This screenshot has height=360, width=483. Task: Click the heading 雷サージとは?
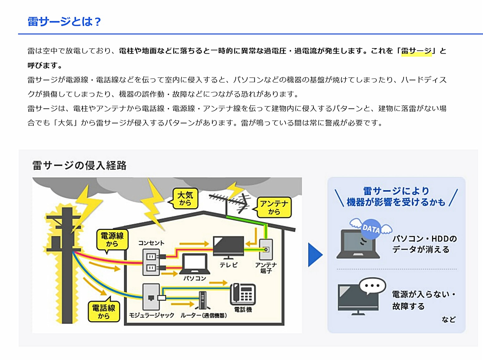pyautogui.click(x=64, y=22)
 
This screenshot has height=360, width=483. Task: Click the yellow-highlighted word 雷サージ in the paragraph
pyautogui.click(x=416, y=51)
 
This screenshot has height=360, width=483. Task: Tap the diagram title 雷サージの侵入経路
pyautogui.click(x=80, y=165)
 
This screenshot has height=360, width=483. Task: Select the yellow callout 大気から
pyautogui.click(x=185, y=199)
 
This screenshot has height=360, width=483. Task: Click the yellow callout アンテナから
pyautogui.click(x=274, y=207)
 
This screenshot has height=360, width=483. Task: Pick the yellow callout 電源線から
pyautogui.click(x=112, y=240)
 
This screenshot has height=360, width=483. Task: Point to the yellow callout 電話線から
pyautogui.click(x=104, y=311)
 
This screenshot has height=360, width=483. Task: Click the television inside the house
pyautogui.click(x=228, y=246)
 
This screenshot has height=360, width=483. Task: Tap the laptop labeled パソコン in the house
pyautogui.click(x=195, y=264)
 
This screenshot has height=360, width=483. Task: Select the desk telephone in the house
pyautogui.click(x=243, y=294)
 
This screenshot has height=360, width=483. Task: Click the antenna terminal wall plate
pyautogui.click(x=266, y=249)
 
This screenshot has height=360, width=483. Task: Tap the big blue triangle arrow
pyautogui.click(x=315, y=255)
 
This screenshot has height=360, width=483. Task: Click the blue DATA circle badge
pyautogui.click(x=371, y=229)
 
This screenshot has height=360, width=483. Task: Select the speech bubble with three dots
pyautogui.click(x=372, y=286)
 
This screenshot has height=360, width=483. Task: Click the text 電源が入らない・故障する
pyautogui.click(x=423, y=300)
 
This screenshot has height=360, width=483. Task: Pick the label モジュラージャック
pyautogui.click(x=152, y=315)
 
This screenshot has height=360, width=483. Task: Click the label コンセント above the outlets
pyautogui.click(x=151, y=243)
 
